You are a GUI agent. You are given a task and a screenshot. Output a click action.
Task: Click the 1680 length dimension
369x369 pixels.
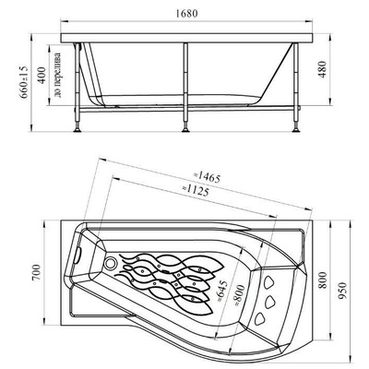coord(186,14)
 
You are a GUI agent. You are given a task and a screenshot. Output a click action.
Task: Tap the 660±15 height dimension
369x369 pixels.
coord(24,82)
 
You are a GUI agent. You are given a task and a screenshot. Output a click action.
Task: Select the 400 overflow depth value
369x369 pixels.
coord(42,75)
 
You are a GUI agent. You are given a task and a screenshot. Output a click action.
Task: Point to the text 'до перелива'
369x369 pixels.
coord(57,75)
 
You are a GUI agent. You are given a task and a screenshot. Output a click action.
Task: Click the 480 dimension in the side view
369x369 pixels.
coord(322,69)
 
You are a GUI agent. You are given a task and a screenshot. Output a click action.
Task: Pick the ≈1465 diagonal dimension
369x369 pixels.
coord(207,177)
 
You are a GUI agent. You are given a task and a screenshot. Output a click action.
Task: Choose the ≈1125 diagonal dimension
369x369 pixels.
coord(196,191)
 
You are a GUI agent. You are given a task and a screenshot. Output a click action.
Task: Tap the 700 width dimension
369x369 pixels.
coord(36,272)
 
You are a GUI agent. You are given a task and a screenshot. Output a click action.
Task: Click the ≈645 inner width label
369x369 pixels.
coord(222,292)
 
